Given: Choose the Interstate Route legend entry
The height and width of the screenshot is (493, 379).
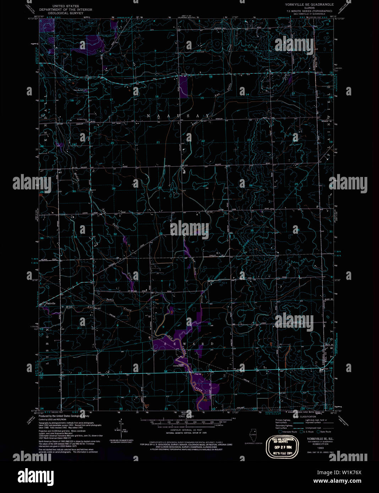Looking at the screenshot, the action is (289, 432).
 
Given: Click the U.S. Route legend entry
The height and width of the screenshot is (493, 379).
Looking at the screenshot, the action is (307, 432).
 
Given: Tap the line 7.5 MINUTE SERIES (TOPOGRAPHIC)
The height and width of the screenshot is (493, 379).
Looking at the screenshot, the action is (309, 11).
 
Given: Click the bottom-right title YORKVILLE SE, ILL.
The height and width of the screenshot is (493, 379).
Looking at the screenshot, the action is (311, 438).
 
